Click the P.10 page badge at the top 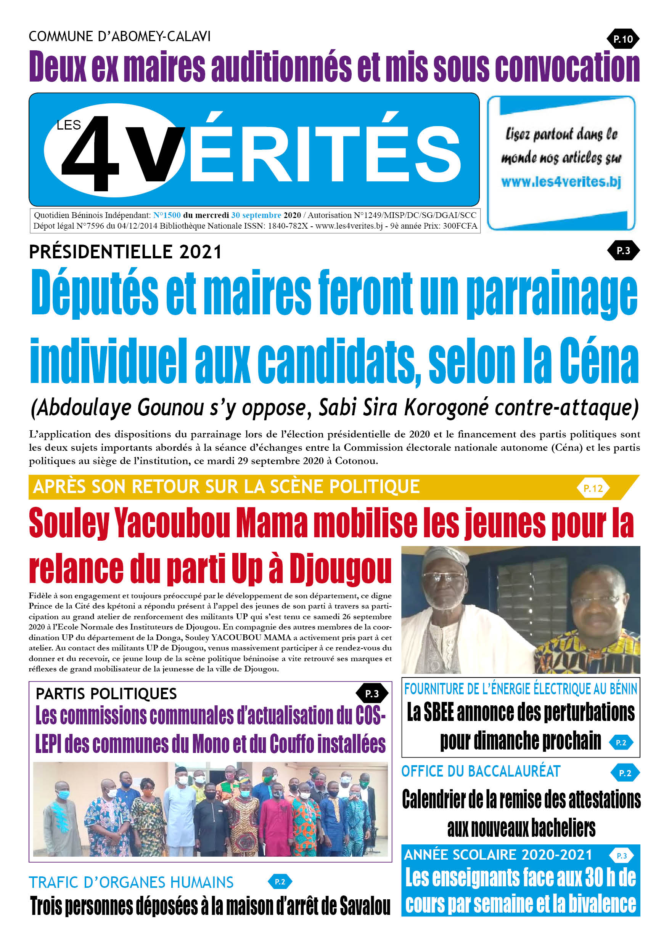[622, 39]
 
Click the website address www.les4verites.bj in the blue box [561, 181]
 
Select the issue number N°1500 [167, 215]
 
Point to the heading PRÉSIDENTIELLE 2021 [125, 252]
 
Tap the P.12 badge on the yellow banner [593, 488]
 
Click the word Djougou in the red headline [340, 569]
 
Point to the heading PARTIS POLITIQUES [106, 694]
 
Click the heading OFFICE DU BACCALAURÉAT [481, 771]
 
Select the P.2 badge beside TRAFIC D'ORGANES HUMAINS [280, 882]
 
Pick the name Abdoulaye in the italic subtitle [85, 407]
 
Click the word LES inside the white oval [68, 125]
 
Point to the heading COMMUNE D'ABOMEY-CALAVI [119, 36]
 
